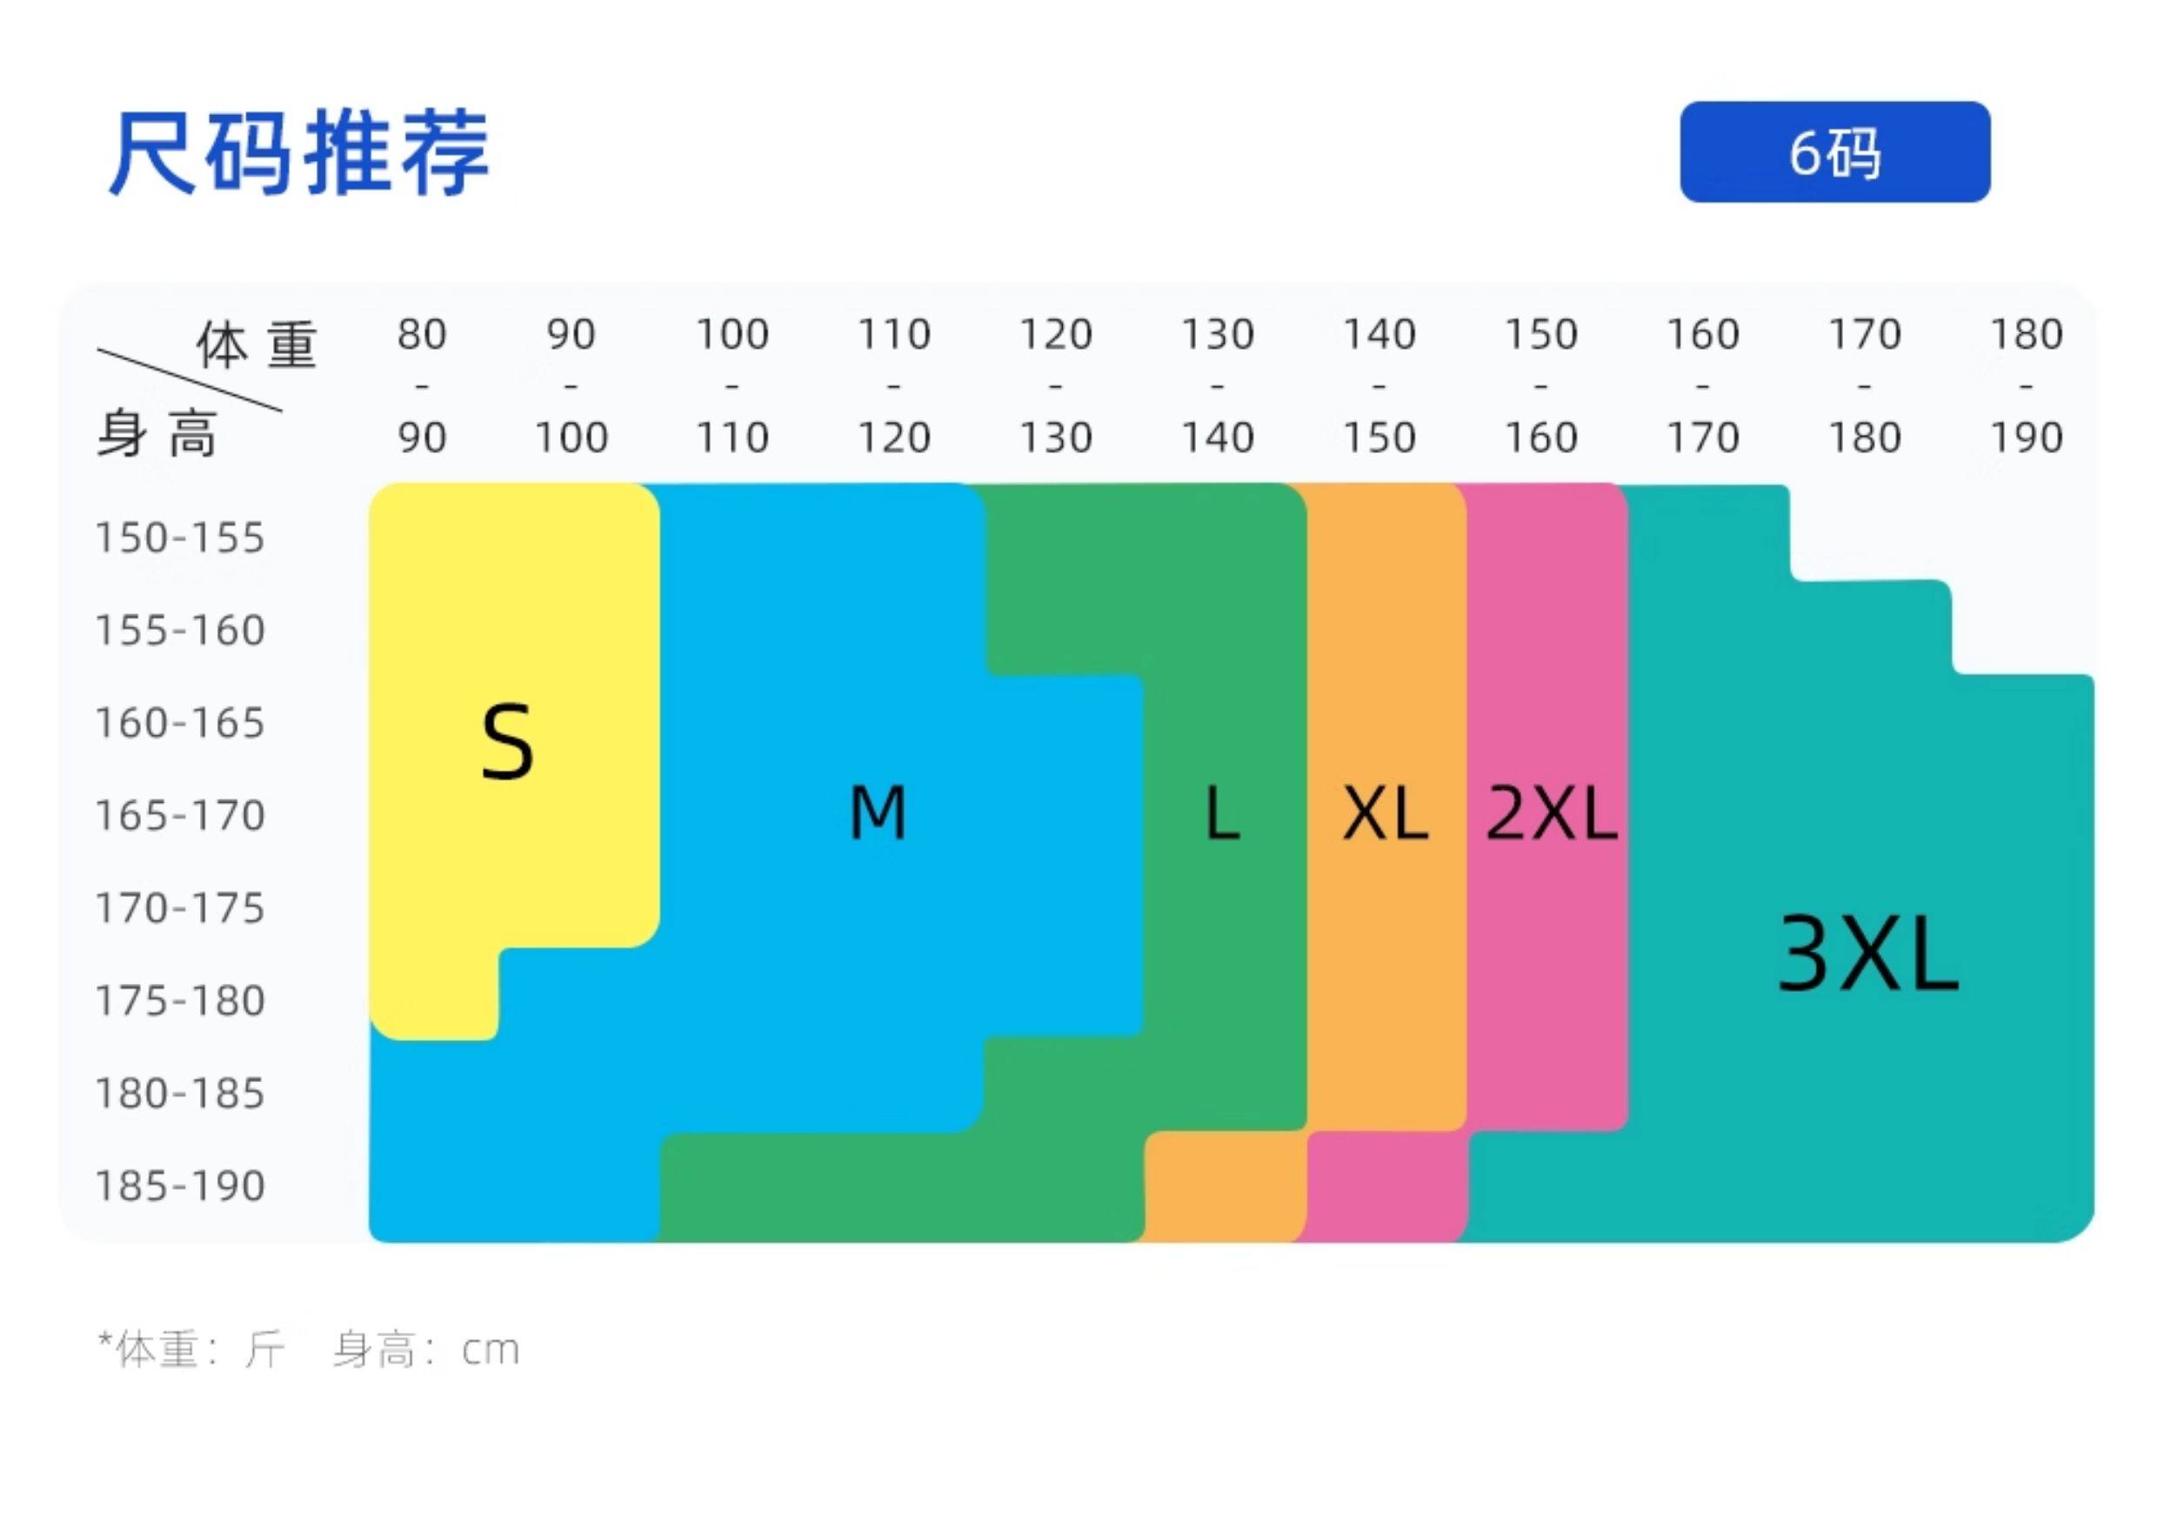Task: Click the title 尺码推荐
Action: (x=299, y=153)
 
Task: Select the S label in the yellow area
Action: (x=508, y=743)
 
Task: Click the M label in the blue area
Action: (x=878, y=813)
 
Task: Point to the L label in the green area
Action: (x=1221, y=814)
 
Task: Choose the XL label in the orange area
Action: (x=1386, y=814)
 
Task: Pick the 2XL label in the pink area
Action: (x=1551, y=814)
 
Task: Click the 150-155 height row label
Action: (x=180, y=538)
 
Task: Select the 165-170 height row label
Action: (x=180, y=815)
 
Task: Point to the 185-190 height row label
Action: (x=180, y=1186)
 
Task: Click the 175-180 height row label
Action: (x=180, y=1001)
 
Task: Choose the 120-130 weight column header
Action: (x=1056, y=385)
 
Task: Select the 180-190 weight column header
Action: (x=2027, y=385)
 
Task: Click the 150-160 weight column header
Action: (x=1540, y=385)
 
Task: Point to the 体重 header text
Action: (x=256, y=344)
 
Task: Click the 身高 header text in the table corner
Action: (x=157, y=435)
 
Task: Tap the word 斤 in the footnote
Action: (x=266, y=1349)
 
